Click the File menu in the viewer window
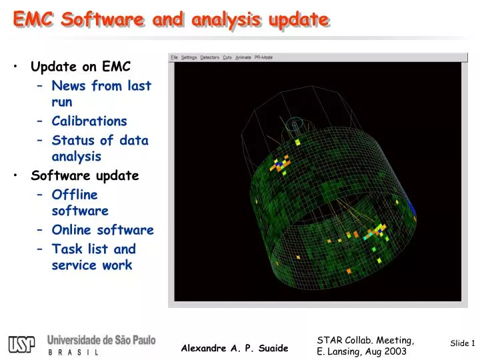(x=174, y=57)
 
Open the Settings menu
(x=189, y=57)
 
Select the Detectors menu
(x=209, y=57)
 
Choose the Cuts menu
(x=227, y=57)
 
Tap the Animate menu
(x=243, y=57)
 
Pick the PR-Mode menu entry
(x=264, y=57)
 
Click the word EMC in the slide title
(x=34, y=20)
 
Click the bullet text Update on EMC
(x=81, y=67)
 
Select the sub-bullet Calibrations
(x=89, y=121)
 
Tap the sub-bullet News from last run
(x=101, y=94)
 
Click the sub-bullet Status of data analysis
(x=100, y=149)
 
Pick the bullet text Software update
(x=85, y=176)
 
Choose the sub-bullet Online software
(x=103, y=230)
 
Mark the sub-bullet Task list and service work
(x=93, y=257)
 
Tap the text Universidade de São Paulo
(x=101, y=340)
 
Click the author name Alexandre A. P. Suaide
(x=235, y=348)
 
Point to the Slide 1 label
(x=462, y=343)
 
